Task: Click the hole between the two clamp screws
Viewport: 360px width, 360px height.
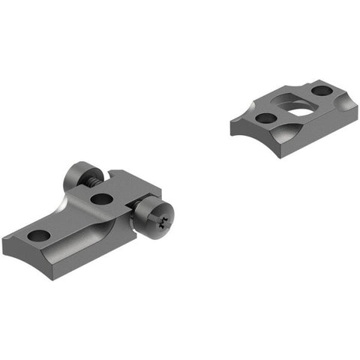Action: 102,199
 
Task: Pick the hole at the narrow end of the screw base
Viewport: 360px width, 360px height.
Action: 39,235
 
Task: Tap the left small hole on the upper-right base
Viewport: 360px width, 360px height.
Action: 264,117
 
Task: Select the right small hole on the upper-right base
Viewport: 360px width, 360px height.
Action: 322,91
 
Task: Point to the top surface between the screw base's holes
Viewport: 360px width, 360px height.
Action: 71,217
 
